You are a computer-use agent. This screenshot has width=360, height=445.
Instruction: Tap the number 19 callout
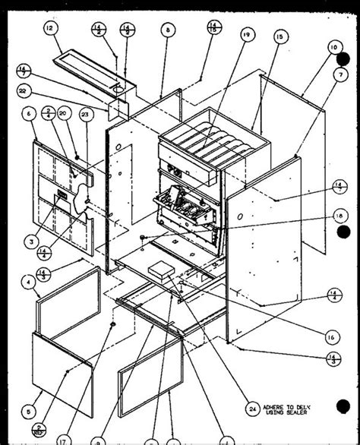pyautogui.click(x=246, y=35)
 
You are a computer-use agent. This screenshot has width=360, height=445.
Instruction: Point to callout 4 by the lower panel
pyautogui.click(x=27, y=282)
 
